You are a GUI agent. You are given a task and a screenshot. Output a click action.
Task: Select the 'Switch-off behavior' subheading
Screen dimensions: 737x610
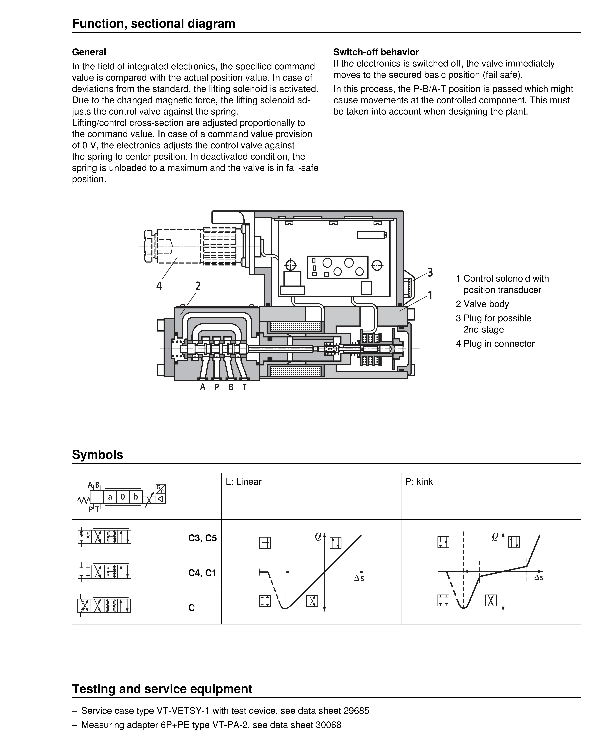pyautogui.click(x=376, y=52)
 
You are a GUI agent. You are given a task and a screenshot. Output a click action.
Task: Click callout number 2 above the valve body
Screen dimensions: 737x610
pyautogui.click(x=198, y=286)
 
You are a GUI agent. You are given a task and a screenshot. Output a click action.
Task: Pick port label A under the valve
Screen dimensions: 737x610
pyautogui.click(x=202, y=387)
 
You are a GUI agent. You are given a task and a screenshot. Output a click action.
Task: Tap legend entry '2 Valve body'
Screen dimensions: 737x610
pyautogui.click(x=482, y=304)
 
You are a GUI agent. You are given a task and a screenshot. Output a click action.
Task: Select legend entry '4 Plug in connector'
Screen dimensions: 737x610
pyautogui.click(x=495, y=344)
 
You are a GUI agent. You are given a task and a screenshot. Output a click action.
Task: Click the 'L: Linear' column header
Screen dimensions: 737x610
pyautogui.click(x=243, y=482)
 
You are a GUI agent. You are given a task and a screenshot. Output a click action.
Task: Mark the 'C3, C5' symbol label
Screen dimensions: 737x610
pyautogui.click(x=202, y=538)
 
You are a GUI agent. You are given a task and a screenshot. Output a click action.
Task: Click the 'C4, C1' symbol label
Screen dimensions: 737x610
pyautogui.click(x=202, y=573)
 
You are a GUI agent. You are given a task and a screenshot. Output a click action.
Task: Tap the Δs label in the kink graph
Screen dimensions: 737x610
pyautogui.click(x=538, y=578)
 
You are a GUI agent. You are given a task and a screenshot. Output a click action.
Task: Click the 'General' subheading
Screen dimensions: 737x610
pyautogui.click(x=89, y=52)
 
